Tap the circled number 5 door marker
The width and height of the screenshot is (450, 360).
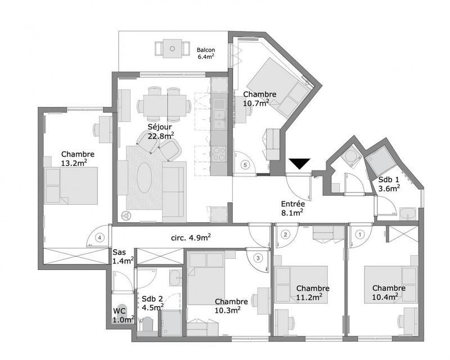point(245,165)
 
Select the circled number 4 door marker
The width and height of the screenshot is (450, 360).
point(100,237)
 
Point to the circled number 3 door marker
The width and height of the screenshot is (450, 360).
point(258,258)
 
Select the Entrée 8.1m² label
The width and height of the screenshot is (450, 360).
point(292,208)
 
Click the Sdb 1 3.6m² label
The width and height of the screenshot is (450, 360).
point(389,184)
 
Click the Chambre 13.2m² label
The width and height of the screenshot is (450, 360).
point(78,159)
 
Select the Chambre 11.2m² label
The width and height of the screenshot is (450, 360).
point(312,292)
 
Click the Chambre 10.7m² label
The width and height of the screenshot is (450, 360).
point(259,98)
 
